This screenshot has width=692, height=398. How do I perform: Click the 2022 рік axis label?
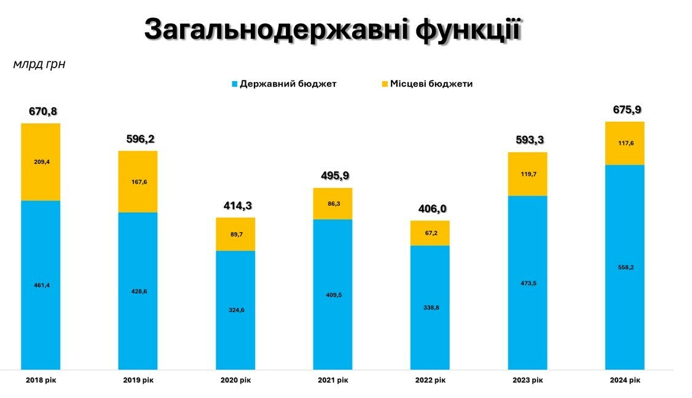[430, 380]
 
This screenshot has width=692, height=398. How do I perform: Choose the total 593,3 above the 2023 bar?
[527, 140]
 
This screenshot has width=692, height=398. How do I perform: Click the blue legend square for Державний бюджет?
[234, 84]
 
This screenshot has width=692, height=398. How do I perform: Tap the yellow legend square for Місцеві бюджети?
[385, 84]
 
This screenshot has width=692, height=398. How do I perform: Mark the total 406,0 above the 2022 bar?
[430, 209]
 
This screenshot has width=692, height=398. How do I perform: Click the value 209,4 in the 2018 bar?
[41, 162]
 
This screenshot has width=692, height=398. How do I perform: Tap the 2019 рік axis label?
[138, 380]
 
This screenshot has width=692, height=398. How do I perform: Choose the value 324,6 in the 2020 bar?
[235, 310]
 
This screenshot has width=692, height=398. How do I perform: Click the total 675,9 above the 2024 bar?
[625, 110]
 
